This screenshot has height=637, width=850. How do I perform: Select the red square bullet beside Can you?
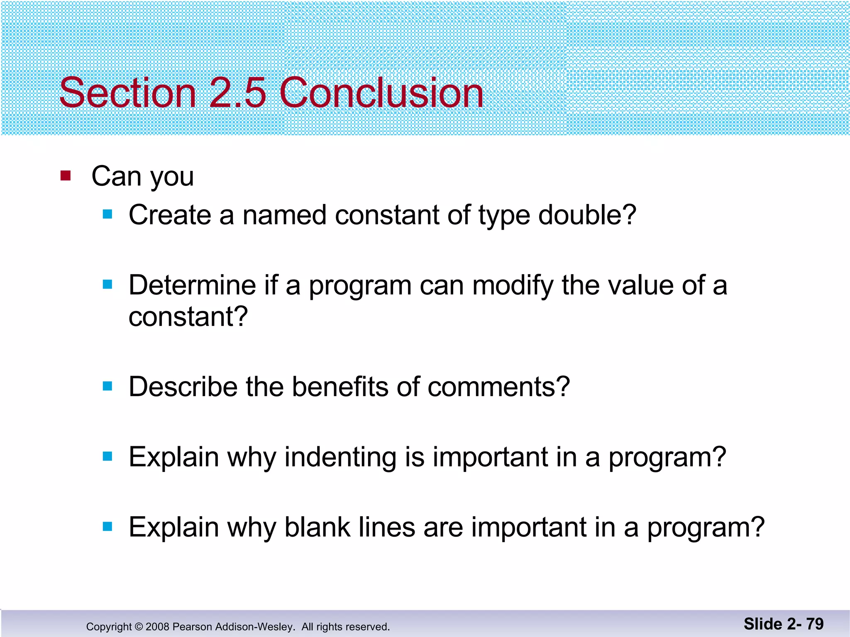coord(66,175)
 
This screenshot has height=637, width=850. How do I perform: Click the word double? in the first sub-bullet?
coord(587,216)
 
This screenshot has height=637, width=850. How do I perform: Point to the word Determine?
coord(192,285)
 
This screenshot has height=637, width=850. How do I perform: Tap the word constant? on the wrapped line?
coord(188,317)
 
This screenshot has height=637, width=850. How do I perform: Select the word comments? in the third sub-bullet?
coord(498,387)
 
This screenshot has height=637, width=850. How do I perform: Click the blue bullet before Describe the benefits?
coord(107,387)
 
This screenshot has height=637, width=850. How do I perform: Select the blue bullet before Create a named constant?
coord(107,214)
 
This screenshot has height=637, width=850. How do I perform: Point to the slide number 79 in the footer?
coord(814,624)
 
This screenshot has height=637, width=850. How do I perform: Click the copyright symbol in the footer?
coord(139,627)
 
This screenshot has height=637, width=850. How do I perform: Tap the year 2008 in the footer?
coord(157,627)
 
